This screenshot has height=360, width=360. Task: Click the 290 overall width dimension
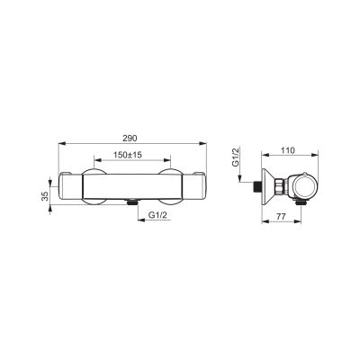(x=130, y=139)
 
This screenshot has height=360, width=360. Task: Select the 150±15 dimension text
(x=128, y=155)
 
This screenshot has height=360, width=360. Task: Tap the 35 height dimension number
(x=45, y=196)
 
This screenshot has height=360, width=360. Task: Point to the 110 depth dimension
(x=288, y=150)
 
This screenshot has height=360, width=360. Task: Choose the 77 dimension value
(x=281, y=216)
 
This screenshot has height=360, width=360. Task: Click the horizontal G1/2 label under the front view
(x=157, y=215)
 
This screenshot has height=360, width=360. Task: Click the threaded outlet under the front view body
(x=131, y=202)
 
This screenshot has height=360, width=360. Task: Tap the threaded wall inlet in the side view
(x=256, y=186)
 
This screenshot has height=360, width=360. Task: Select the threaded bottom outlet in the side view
(x=301, y=202)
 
